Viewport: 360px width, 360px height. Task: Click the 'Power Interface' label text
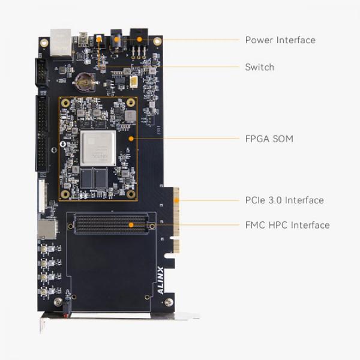[x=280, y=40]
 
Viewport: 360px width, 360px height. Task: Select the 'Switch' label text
[x=259, y=67]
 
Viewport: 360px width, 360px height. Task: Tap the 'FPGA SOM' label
[x=269, y=139]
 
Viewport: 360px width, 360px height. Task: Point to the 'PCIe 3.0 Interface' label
[x=284, y=200]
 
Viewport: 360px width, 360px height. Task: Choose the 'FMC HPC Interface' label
[x=287, y=225]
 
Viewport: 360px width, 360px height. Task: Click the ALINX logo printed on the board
[x=160, y=280]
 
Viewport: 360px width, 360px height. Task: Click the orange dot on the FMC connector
[x=130, y=226]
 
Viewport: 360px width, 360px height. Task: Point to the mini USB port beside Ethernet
[x=83, y=40]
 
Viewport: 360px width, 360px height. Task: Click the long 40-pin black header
[x=42, y=133]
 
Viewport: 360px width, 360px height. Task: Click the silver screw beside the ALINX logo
[x=169, y=302]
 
